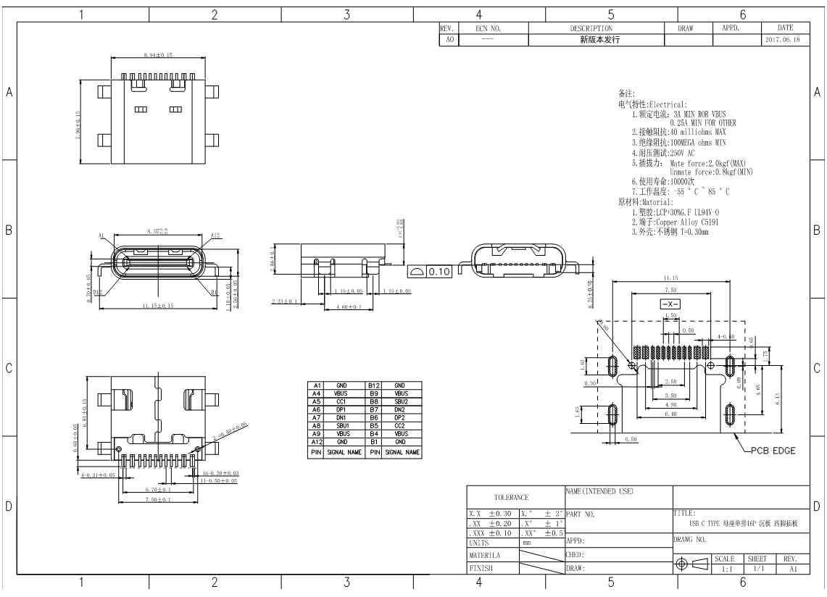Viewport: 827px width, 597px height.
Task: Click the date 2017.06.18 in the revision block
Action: point(782,40)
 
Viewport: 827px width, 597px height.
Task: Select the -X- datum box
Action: point(669,304)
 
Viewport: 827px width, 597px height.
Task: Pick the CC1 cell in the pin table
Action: point(341,401)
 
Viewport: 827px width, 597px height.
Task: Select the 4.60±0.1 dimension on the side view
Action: point(350,307)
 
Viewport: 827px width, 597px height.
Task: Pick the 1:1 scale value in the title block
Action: point(726,569)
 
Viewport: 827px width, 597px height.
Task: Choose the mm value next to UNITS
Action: point(528,542)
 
